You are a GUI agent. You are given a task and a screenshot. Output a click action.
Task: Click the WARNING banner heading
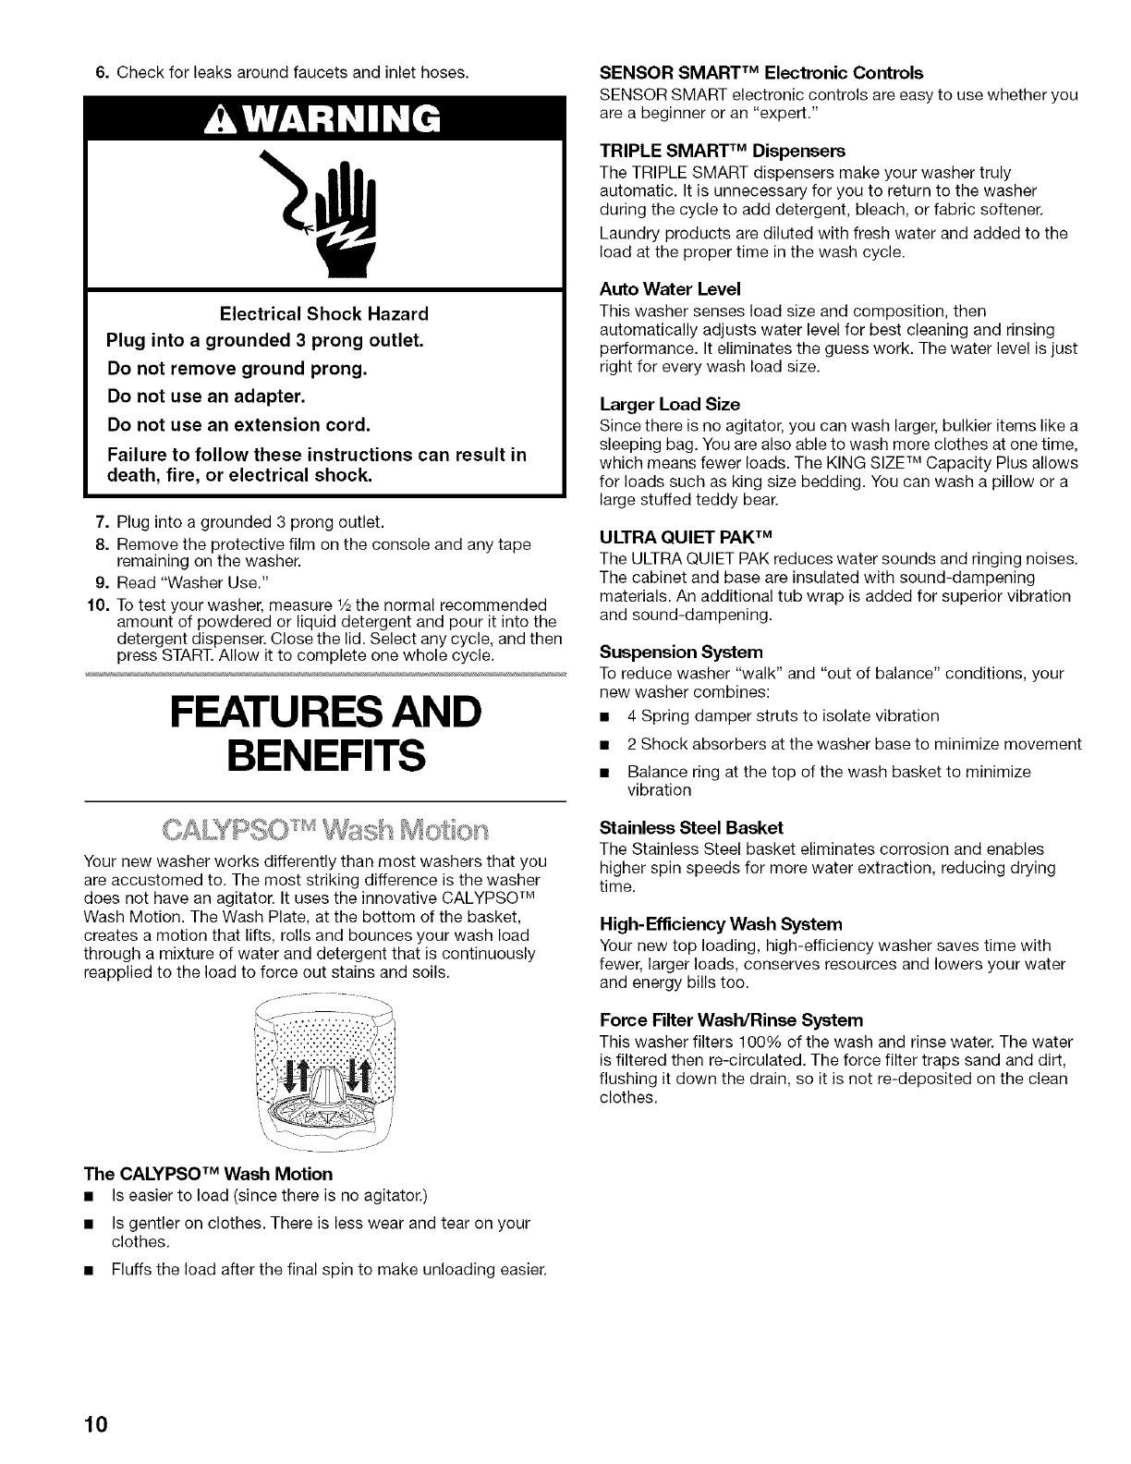(325, 118)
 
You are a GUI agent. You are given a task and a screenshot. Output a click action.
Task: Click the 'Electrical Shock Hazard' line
(325, 313)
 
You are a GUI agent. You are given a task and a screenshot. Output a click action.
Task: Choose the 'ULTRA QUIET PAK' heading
(685, 537)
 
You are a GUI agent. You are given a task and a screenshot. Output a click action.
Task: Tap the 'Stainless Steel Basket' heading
(691, 826)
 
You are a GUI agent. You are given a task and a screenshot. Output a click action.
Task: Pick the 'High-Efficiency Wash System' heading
(721, 923)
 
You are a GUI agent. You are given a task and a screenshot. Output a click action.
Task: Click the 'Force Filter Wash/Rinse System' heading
(731, 1020)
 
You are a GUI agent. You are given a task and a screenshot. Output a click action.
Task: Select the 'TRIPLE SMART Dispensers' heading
(723, 150)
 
